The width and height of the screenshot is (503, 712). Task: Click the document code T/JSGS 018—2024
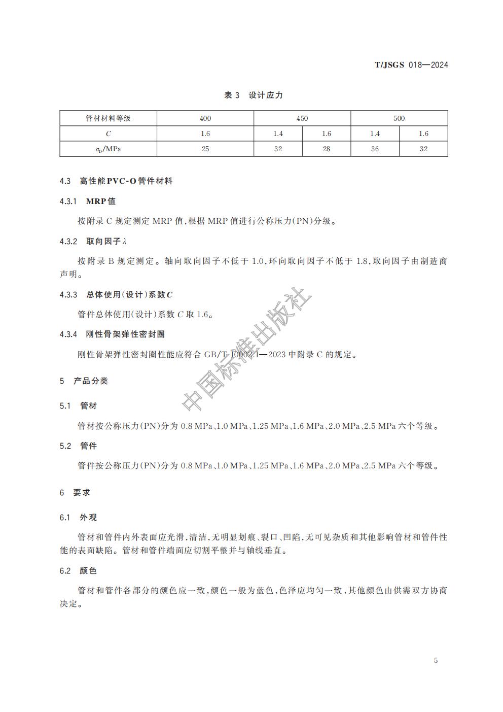tap(411, 65)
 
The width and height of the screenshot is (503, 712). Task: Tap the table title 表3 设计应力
tap(254, 95)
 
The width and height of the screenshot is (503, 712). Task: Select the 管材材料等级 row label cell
tap(108, 118)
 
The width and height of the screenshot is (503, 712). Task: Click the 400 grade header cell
tap(205, 118)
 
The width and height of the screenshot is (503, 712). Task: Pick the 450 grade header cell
tap(302, 118)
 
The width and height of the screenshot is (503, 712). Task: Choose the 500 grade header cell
tap(399, 118)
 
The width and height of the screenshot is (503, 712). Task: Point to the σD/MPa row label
tap(108, 149)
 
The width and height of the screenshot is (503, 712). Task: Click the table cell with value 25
tap(205, 149)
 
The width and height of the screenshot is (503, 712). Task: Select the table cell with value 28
tap(327, 149)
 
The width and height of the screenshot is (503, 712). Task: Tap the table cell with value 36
tap(375, 149)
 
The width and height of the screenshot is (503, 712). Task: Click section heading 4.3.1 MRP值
tap(88, 201)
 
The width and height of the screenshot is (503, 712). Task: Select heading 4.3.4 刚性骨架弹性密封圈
tap(112, 334)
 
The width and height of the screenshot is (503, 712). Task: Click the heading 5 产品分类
tap(84, 381)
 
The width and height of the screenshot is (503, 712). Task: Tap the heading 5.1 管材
tap(79, 406)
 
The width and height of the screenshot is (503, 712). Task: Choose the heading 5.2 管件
tap(79, 446)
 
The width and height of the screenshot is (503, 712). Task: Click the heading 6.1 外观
tap(79, 518)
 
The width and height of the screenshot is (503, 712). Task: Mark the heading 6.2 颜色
tap(79, 571)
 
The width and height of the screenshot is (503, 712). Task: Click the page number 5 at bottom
tap(436, 660)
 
